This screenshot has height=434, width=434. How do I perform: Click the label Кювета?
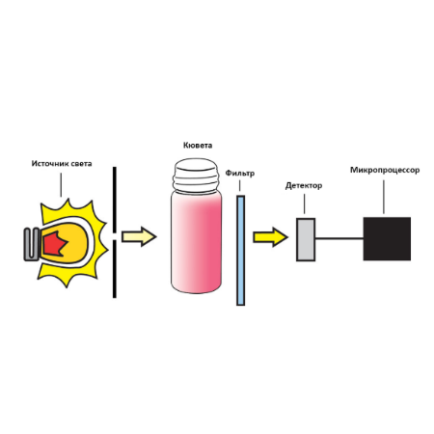[198, 146]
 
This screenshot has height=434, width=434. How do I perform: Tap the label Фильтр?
[239, 174]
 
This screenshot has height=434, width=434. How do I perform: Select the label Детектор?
[304, 185]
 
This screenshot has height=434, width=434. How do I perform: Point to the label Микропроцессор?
[385, 170]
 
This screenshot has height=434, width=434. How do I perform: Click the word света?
[81, 164]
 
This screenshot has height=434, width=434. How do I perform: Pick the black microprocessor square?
[387, 238]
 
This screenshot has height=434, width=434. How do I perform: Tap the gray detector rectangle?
[306, 239]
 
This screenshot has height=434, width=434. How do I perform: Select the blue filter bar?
[240, 250]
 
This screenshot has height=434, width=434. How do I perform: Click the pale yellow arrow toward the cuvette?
[139, 236]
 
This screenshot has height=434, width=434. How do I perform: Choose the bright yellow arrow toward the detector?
[270, 237]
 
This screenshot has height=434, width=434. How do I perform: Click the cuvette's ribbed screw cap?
[196, 176]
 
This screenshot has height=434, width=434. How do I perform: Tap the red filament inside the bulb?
[55, 243]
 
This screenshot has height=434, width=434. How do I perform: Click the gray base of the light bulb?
[32, 244]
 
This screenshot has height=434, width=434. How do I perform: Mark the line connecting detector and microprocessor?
[339, 238]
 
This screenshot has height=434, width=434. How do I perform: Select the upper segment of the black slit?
[115, 200]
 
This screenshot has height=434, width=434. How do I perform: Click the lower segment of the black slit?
[115, 269]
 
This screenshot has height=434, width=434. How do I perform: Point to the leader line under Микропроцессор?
[384, 197]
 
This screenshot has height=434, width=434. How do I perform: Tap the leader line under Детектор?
[304, 203]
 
